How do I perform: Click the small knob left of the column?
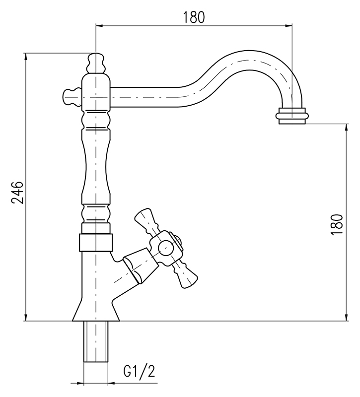71,95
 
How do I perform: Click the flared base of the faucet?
95,310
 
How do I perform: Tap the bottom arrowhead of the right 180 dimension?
346,318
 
